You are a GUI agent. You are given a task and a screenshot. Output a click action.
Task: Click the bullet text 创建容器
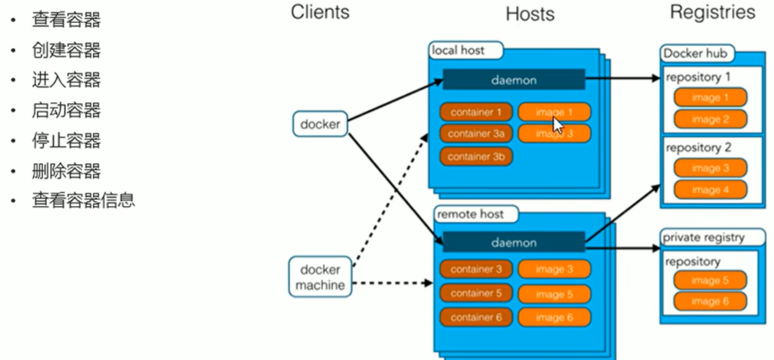[x=66, y=51]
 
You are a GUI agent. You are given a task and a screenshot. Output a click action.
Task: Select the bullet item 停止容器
[x=66, y=141]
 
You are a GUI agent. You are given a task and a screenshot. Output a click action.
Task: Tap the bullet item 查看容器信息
[x=83, y=200]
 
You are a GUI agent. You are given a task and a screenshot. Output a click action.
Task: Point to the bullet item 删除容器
[x=66, y=171]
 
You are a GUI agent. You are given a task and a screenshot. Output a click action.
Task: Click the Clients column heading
[x=320, y=12]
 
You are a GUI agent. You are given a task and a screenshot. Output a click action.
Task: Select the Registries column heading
[x=712, y=12]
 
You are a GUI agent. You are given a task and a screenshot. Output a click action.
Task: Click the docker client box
[x=320, y=124]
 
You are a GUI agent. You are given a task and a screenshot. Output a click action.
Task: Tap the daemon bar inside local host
[x=514, y=80]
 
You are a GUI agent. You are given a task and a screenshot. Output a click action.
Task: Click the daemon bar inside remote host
[x=514, y=243]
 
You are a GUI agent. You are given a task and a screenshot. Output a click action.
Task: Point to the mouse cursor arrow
[x=557, y=124]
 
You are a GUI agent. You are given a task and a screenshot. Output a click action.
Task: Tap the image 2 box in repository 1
[x=710, y=119]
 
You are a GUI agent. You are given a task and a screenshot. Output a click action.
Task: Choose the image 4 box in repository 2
[x=710, y=189]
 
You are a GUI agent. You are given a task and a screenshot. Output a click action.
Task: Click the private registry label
[x=704, y=237]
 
